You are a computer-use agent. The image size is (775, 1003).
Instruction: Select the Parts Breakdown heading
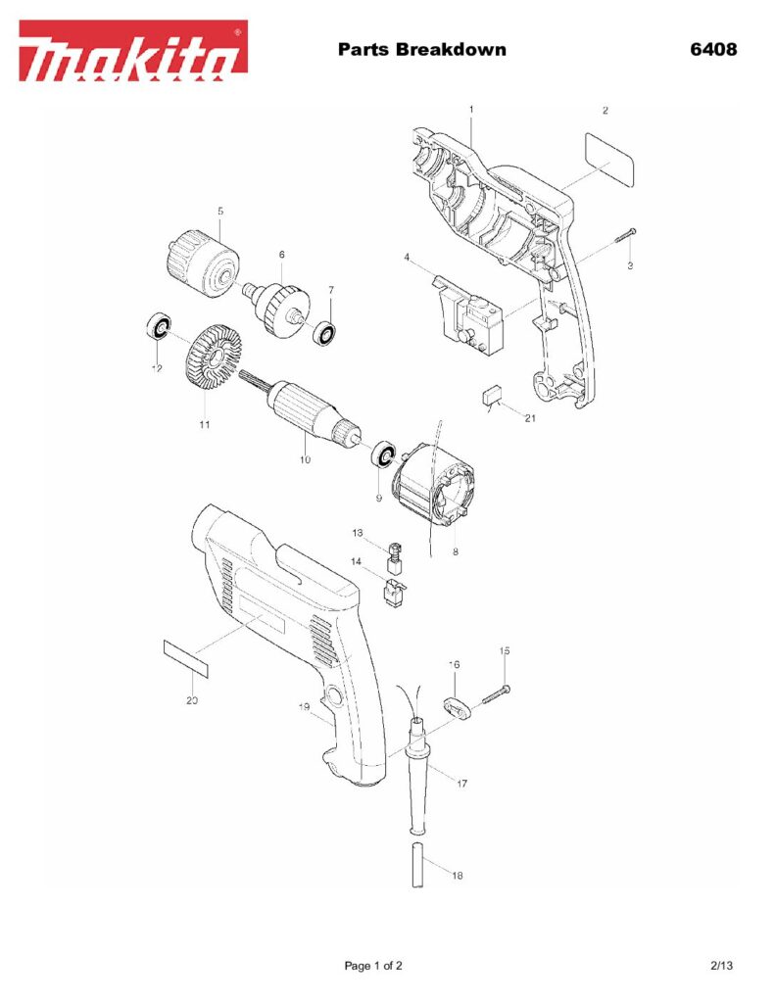[421, 49]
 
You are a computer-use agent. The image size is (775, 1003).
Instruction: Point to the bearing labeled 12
[158, 326]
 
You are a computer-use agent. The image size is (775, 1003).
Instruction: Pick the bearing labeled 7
[325, 333]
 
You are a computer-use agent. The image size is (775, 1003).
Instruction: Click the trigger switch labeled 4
[469, 310]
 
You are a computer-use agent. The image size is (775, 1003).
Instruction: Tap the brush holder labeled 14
[394, 593]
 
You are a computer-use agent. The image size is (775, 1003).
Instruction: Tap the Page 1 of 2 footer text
[373, 966]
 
